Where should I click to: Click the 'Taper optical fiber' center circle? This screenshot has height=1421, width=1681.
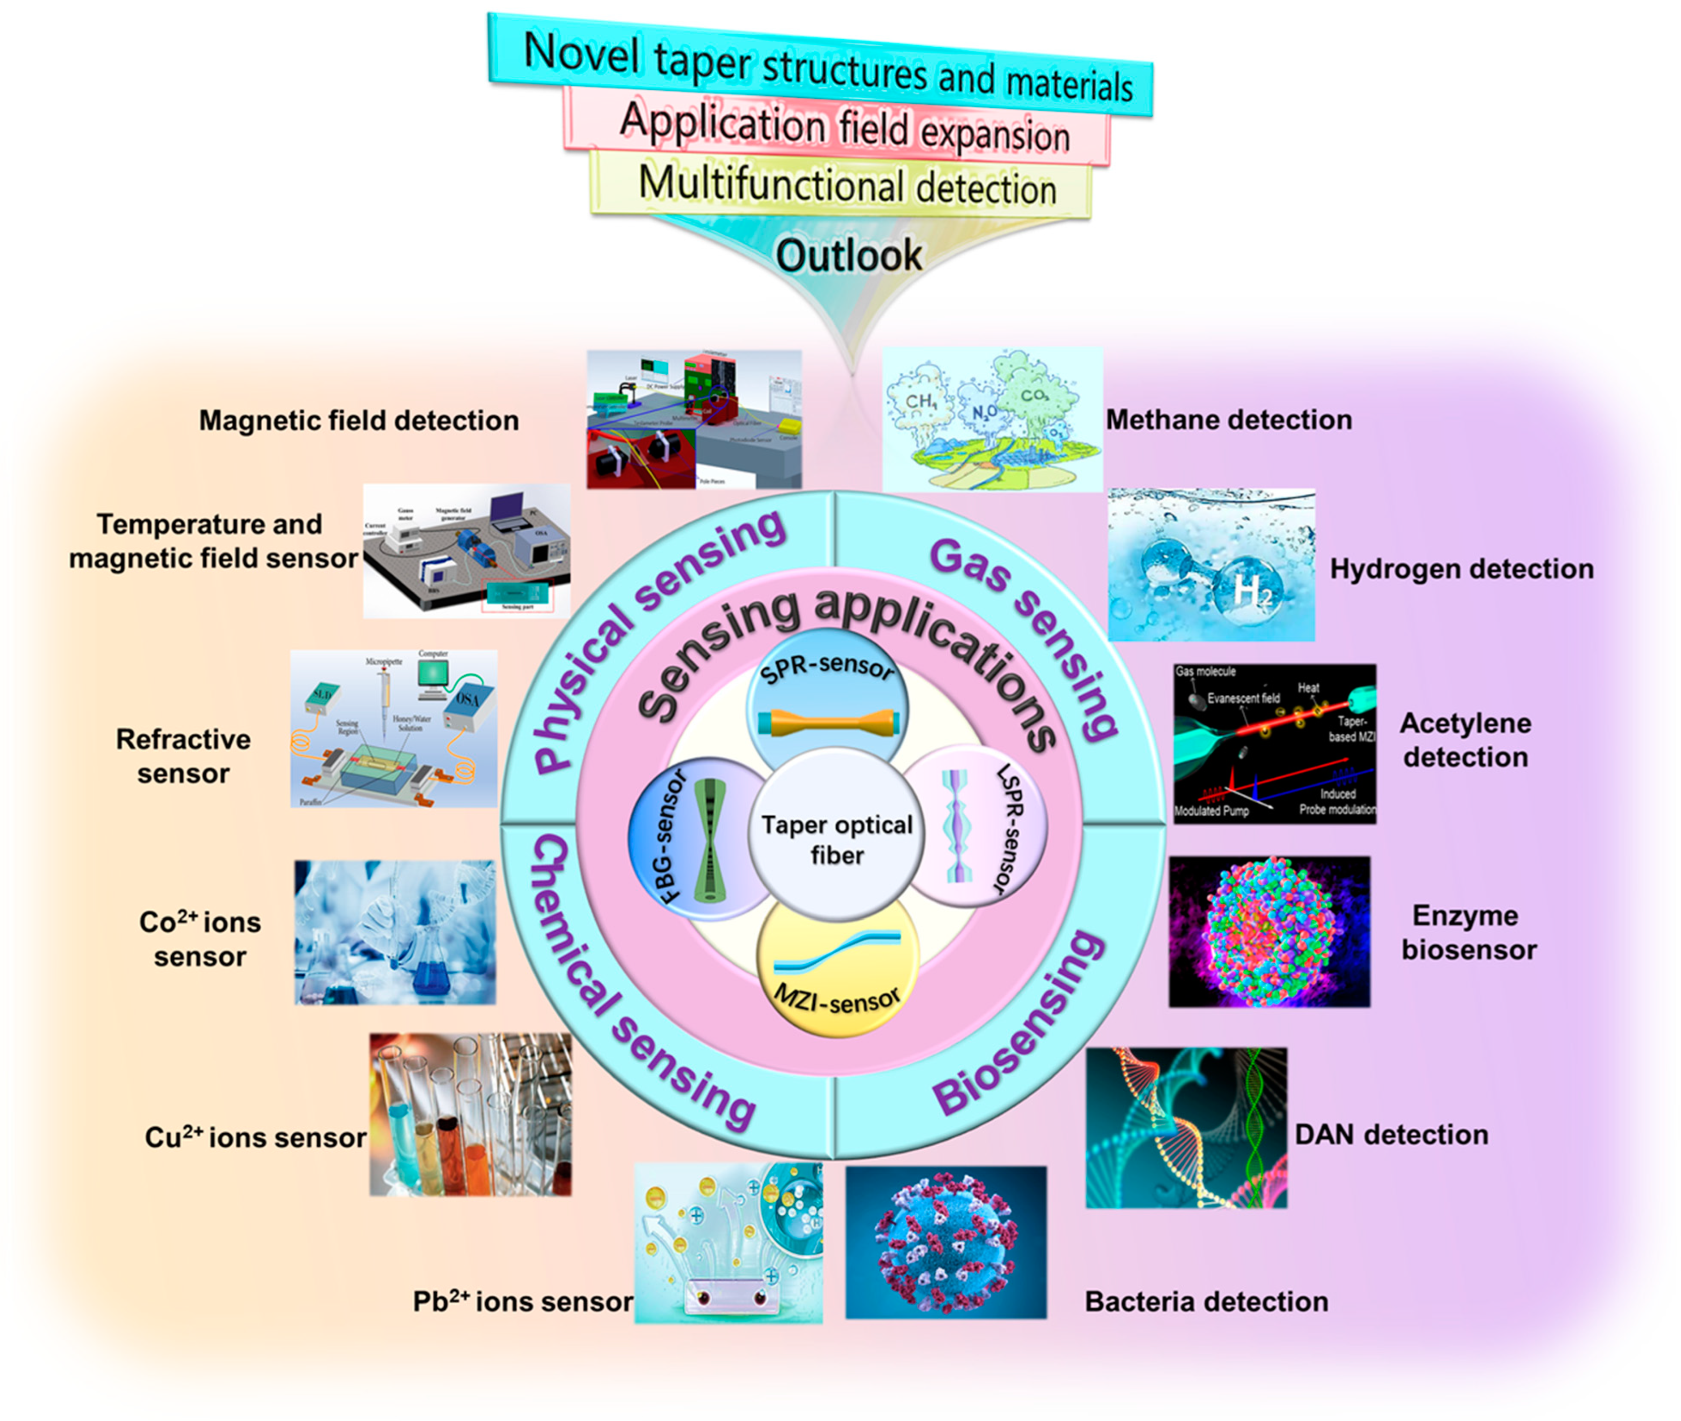click(837, 838)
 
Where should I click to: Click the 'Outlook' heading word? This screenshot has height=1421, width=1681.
click(849, 256)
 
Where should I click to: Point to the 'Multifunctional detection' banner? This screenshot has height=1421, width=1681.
click(846, 185)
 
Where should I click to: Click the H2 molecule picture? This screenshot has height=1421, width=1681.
click(1210, 565)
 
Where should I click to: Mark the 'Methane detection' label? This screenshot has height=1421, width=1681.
click(1228, 420)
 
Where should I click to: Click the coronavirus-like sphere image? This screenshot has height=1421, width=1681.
click(945, 1241)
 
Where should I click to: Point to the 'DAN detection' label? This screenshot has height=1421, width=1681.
click(1391, 1134)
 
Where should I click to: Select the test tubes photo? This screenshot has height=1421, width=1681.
click(471, 1114)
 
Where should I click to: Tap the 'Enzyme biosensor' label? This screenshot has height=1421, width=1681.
click(1468, 932)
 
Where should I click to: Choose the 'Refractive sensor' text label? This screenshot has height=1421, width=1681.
click(183, 756)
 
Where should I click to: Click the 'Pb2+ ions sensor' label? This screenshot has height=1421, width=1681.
click(523, 1301)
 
